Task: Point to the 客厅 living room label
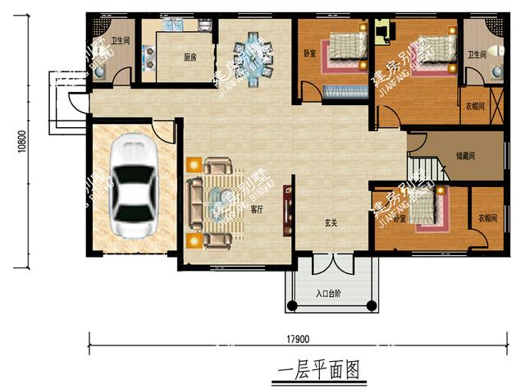[256, 209]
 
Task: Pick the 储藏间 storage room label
[467, 156]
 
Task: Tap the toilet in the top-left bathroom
[100, 71]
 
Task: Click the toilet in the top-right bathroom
[496, 72]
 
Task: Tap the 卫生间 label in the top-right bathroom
[477, 54]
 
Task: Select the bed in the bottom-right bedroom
[423, 206]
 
